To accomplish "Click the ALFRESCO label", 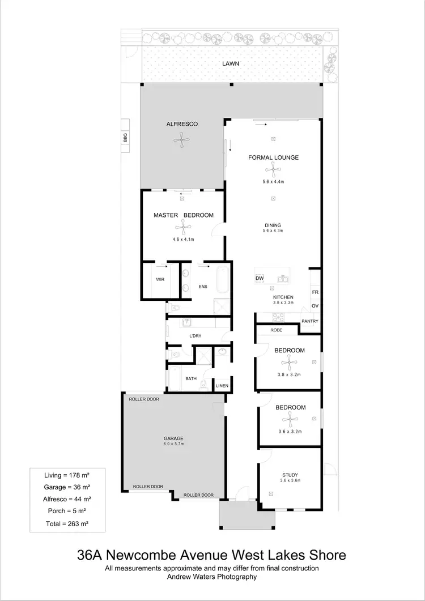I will tap(181, 123).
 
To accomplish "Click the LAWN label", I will tap(231, 64).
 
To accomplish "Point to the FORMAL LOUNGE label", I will tap(273, 157).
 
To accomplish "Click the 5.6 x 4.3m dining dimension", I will tap(273, 231).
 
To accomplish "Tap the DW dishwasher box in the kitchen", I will tap(260, 278).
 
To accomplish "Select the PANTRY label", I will tap(309, 321).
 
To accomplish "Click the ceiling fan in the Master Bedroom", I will tap(183, 228).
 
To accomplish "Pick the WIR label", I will tap(160, 280).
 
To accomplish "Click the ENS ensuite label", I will tap(202, 287).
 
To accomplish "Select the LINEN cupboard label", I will tap(222, 386).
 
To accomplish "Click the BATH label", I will tap(191, 378).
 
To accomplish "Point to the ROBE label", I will tap(276, 329).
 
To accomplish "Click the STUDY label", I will tap(290, 475).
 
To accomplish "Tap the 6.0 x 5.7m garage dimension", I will tap(174, 445).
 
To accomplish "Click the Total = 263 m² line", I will tap(67, 525).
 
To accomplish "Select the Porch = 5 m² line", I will tap(67, 512).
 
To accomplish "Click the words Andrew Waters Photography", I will tap(211, 577).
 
